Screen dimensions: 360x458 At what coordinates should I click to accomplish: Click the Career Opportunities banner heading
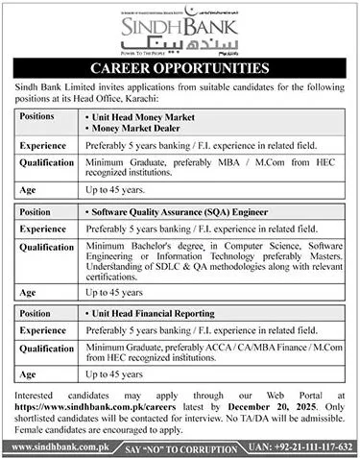pyautogui.click(x=180, y=68)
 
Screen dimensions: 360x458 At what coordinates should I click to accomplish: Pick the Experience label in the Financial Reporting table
pyautogui.click(x=44, y=329)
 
